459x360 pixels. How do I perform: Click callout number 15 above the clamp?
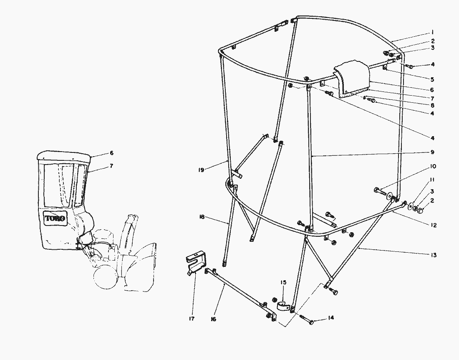tap(284, 283)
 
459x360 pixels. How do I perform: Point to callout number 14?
tap(331, 318)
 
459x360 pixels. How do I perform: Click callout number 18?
tap(202, 217)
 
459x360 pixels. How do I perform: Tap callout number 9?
tap(433, 152)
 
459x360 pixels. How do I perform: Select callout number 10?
tap(433, 167)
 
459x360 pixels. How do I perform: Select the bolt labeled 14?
tap(310, 322)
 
